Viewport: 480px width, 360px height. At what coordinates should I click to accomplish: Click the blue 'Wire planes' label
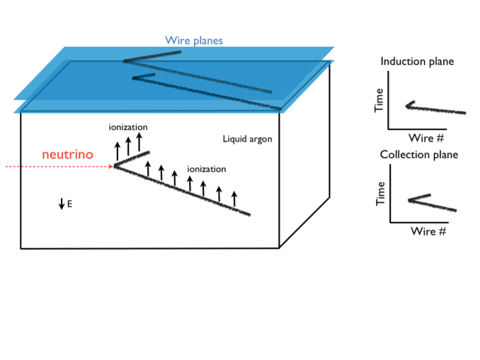(x=194, y=40)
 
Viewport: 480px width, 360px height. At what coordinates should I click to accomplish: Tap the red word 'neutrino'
(x=67, y=154)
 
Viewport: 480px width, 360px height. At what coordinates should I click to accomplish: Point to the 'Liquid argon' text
(x=247, y=139)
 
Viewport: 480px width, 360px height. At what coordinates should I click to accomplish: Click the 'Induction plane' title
(x=417, y=62)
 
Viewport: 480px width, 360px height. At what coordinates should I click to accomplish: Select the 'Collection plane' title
(x=419, y=155)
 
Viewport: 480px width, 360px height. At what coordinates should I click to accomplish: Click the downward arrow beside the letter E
(x=62, y=204)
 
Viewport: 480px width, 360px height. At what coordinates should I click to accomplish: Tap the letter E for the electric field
(x=69, y=204)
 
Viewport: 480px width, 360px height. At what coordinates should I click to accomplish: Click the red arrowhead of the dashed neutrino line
(x=111, y=166)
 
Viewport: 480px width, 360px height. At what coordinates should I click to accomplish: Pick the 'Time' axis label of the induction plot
(x=379, y=100)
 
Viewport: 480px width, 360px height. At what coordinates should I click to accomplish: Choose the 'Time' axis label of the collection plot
(x=380, y=193)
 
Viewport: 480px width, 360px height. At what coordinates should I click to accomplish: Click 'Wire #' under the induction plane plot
(x=425, y=138)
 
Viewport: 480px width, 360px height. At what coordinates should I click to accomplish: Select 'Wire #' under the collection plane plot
(x=428, y=231)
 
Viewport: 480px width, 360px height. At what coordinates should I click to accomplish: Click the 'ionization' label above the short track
(x=128, y=127)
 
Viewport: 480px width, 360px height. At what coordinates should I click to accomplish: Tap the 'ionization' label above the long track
(x=207, y=169)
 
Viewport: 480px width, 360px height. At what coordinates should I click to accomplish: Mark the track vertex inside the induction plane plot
(x=407, y=106)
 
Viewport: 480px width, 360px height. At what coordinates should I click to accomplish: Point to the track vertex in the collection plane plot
(x=409, y=200)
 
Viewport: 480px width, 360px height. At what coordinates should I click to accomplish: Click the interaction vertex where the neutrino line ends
(x=115, y=166)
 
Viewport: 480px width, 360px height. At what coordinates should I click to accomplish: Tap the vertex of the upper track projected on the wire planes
(x=125, y=61)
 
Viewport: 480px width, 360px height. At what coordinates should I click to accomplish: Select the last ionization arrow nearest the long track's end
(x=234, y=199)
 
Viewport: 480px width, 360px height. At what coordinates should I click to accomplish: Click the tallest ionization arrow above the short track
(x=139, y=141)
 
